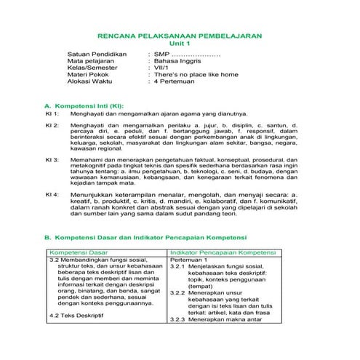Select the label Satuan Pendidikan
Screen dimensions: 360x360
(97, 55)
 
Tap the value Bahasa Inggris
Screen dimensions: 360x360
(178, 64)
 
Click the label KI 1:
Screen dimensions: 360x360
(52, 115)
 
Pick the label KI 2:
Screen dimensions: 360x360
(52, 126)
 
